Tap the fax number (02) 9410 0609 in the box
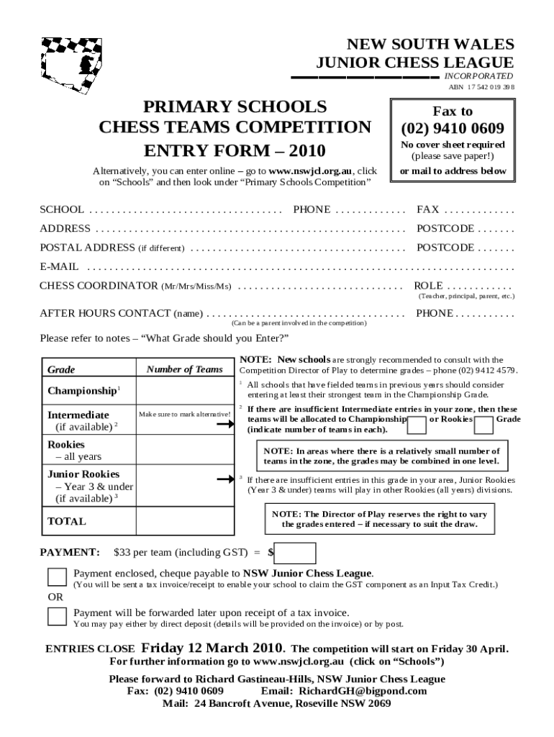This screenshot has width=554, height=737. pos(452,129)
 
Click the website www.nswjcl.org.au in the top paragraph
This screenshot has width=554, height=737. pos(309,171)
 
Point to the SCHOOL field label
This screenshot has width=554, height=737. pos(61,209)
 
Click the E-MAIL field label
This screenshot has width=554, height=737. pos(59,266)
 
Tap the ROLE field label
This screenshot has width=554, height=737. pos(428,286)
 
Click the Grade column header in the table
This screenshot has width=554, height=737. pos(61,369)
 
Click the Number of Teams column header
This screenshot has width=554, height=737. pos(185,369)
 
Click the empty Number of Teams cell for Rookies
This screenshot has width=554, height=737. pos(185,451)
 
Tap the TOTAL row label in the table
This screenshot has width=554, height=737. pos(66,521)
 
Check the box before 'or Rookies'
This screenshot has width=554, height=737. pos(417,425)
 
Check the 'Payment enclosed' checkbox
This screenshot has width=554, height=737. pos(57,577)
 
